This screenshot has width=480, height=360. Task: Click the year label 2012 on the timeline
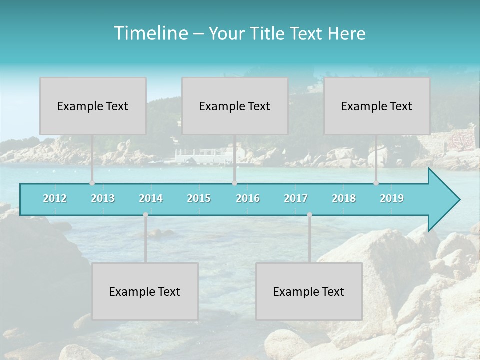[55, 198]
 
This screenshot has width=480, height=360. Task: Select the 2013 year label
[103, 198]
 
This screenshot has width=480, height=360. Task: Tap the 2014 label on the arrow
[151, 198]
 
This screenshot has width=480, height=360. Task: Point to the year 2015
[199, 198]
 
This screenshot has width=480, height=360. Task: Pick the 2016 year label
[248, 198]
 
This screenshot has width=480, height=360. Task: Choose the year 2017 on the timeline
[296, 198]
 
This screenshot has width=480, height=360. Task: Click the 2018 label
[344, 198]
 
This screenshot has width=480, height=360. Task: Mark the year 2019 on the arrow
[392, 198]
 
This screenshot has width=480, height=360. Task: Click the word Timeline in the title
[150, 33]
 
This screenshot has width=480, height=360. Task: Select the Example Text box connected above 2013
[93, 106]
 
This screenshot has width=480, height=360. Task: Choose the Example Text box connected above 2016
[235, 106]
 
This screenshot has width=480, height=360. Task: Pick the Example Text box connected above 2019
[377, 106]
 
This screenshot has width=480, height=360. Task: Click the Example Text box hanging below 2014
[145, 291]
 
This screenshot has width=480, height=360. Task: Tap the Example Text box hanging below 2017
[309, 291]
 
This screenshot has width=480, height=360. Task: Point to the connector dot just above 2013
[92, 183]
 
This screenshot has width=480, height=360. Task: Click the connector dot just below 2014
[145, 215]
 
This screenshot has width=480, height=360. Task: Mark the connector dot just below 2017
[309, 215]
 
